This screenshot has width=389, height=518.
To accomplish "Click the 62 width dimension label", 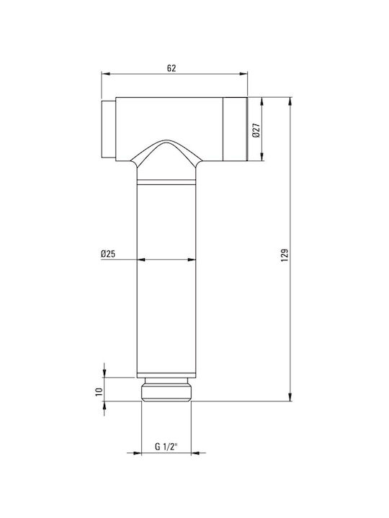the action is (171, 68).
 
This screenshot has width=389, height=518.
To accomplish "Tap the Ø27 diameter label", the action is (256, 130).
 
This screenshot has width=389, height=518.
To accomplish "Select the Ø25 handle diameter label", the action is (108, 254).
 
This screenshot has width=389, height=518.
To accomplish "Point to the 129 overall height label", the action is (285, 255).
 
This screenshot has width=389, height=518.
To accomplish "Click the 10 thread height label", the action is (99, 392).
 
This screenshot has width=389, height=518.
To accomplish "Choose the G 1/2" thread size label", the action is (166, 447).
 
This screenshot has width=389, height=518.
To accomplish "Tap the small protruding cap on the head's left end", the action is (108, 129).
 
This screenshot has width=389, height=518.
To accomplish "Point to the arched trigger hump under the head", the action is (166, 151).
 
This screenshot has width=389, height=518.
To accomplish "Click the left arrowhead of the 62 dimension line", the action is (105, 74).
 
